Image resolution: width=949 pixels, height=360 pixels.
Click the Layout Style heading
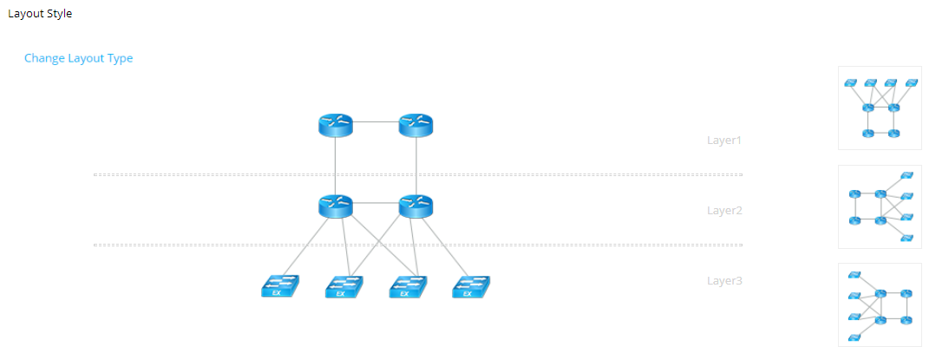pyautogui.click(x=40, y=14)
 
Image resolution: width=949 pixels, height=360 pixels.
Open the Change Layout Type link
pyautogui.click(x=78, y=58)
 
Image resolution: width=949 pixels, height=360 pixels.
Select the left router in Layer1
pyautogui.click(x=335, y=125)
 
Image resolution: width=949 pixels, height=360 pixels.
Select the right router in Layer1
pyautogui.click(x=416, y=125)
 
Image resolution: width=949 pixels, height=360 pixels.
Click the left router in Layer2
pyautogui.click(x=335, y=206)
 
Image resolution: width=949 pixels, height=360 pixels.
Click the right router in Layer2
pyautogui.click(x=416, y=206)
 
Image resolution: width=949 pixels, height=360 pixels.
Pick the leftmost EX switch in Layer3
pyautogui.click(x=279, y=286)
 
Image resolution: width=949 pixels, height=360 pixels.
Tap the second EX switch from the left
pyautogui.click(x=343, y=286)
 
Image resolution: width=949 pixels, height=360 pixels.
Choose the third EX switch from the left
pyautogui.click(x=406, y=286)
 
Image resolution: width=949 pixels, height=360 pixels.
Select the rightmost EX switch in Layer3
pyautogui.click(x=470, y=286)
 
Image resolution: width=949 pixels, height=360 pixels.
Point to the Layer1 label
pyautogui.click(x=724, y=140)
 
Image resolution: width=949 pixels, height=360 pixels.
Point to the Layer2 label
pyautogui.click(x=724, y=210)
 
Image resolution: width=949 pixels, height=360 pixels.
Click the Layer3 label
pyautogui.click(x=724, y=281)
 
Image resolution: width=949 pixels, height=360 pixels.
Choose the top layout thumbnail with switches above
pyautogui.click(x=880, y=108)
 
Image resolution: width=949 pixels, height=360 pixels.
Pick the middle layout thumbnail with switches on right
pyautogui.click(x=880, y=206)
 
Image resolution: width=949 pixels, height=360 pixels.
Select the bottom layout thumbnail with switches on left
pyautogui.click(x=880, y=305)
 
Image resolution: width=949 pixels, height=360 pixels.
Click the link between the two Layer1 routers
pyautogui.click(x=375, y=122)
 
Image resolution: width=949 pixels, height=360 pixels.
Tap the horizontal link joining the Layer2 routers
pyautogui.click(x=375, y=203)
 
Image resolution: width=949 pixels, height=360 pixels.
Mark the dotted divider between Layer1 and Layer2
pyautogui.click(x=416, y=174)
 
